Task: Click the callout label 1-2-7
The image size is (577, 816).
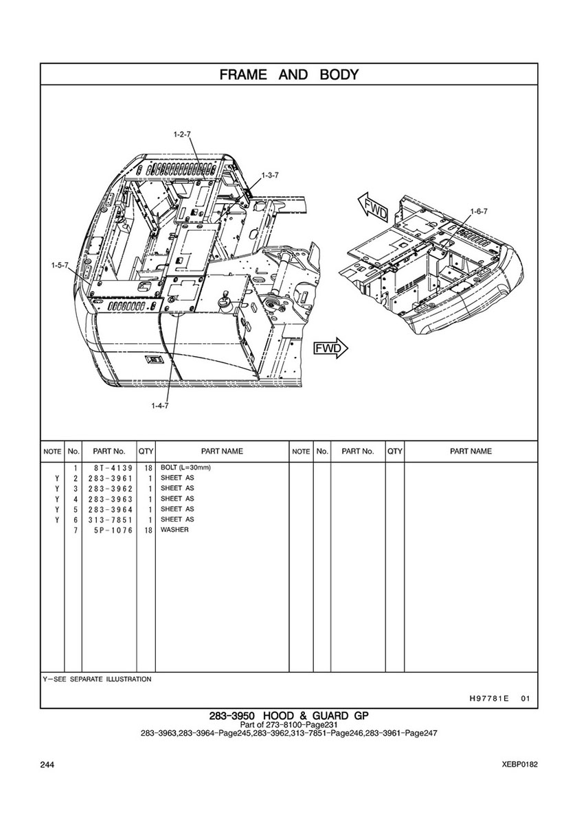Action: (x=182, y=135)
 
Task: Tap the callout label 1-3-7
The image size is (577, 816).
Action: (x=270, y=176)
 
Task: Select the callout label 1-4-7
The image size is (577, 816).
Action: (x=160, y=406)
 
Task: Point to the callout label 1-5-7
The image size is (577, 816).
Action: (x=60, y=266)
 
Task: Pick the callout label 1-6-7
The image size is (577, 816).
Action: (x=479, y=211)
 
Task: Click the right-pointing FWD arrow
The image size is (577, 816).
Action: (x=330, y=348)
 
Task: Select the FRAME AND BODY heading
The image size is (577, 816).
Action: (x=289, y=74)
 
